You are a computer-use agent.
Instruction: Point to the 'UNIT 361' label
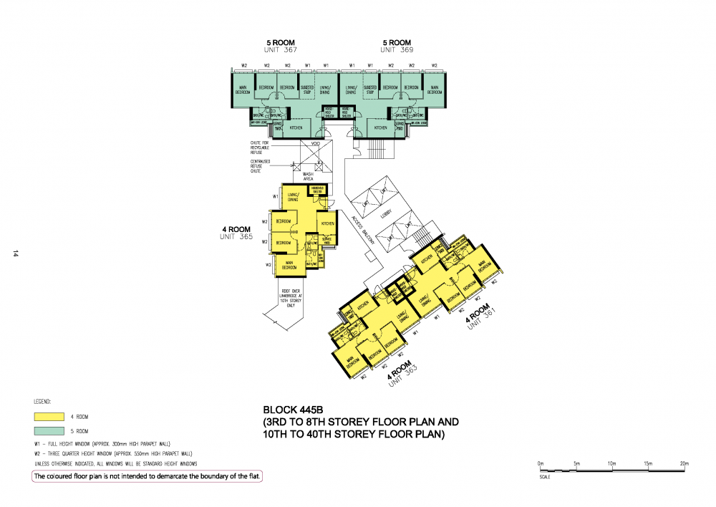[480, 319]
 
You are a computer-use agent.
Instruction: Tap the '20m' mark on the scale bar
[684, 463]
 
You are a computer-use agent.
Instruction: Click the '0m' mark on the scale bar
[541, 463]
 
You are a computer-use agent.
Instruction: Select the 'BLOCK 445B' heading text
[295, 410]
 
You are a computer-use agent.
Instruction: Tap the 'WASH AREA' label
[308, 175]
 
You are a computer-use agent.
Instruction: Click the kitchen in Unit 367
[295, 128]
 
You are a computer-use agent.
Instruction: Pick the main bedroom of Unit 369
[434, 91]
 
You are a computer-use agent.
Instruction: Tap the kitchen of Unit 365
[327, 223]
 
